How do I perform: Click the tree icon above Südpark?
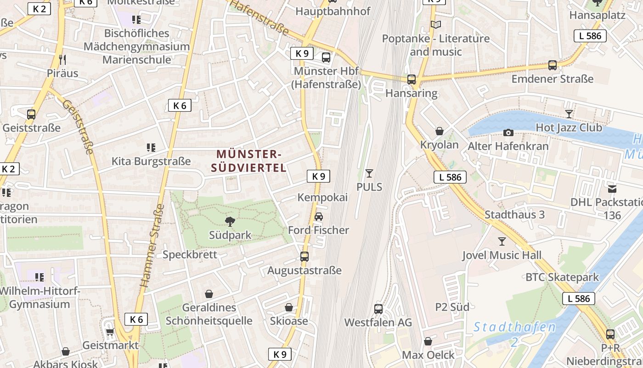[230, 222]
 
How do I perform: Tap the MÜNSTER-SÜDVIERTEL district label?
[248, 161]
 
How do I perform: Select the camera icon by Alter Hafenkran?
[508, 133]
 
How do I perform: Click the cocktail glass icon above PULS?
[369, 173]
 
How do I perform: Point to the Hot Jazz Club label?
[569, 127]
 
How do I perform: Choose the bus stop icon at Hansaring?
[412, 80]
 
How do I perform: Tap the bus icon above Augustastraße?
[304, 257]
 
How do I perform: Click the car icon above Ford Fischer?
[318, 217]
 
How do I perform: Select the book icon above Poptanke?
[435, 25]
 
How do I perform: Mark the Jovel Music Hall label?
[502, 255]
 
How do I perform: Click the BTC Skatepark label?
[562, 277]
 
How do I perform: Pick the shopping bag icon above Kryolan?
[440, 132]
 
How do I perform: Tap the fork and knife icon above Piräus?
[62, 59]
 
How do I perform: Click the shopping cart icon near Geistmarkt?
[109, 331]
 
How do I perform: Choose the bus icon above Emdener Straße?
[553, 65]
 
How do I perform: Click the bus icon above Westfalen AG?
[378, 309]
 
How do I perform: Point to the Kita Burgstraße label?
[151, 161]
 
